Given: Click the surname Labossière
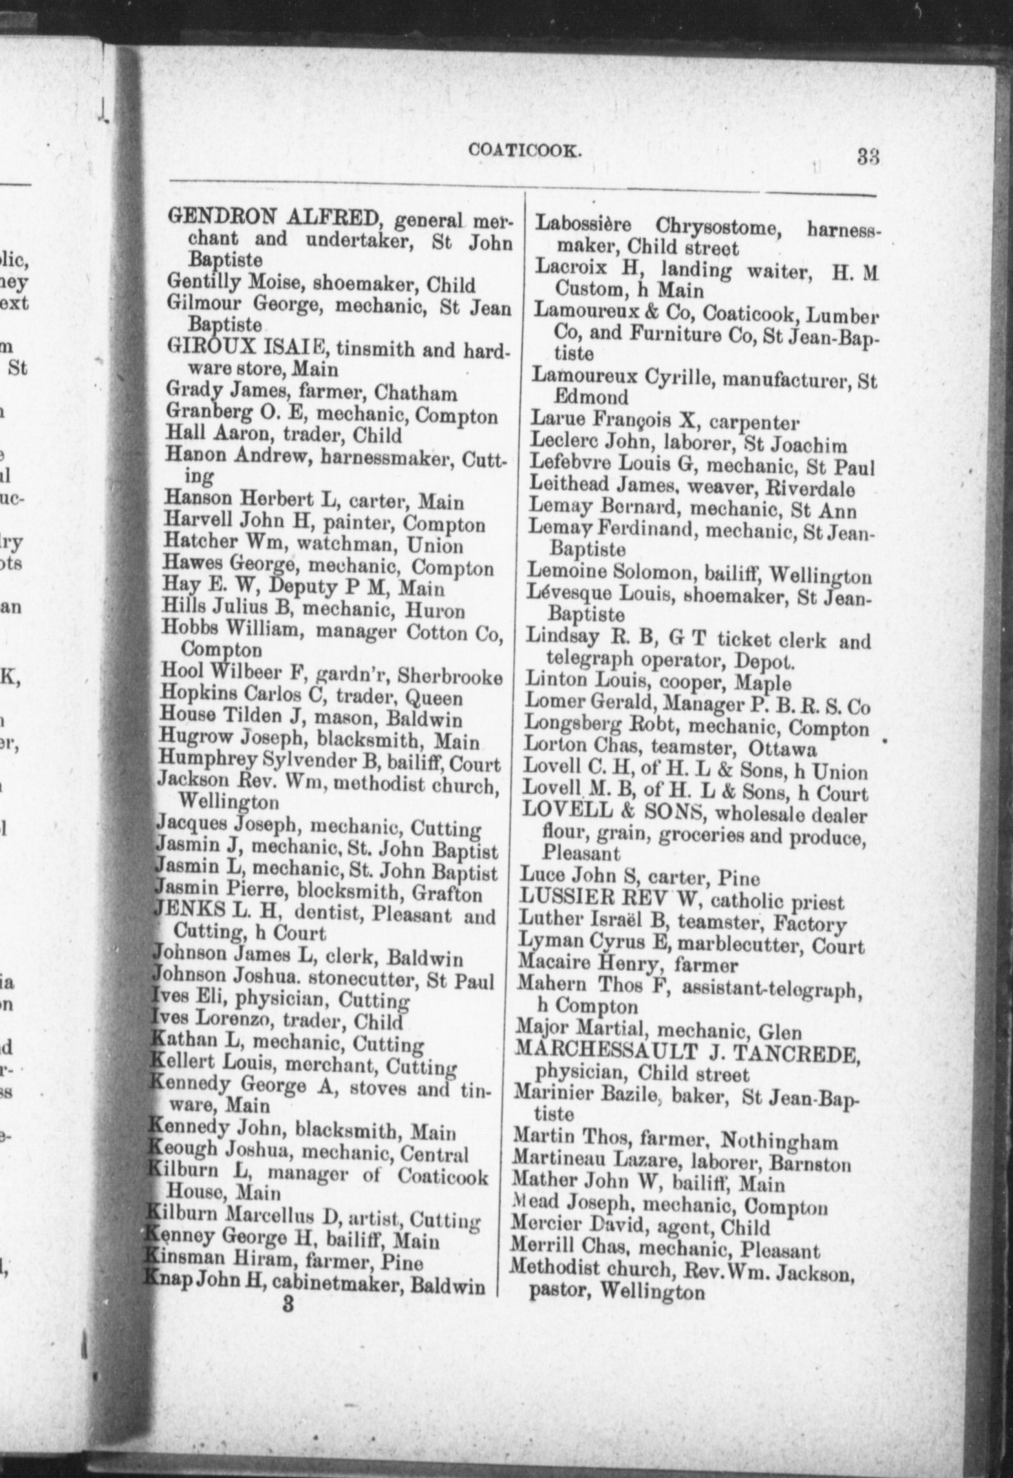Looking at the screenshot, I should click(588, 225).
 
